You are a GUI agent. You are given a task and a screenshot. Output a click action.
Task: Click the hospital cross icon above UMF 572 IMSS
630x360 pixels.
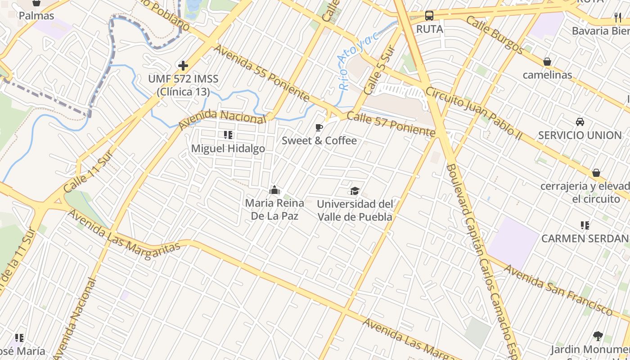coord(183,66)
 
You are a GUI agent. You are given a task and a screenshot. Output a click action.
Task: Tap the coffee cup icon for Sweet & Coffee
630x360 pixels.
coord(319,127)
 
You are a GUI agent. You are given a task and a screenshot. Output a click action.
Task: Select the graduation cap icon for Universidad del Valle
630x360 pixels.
coord(355,191)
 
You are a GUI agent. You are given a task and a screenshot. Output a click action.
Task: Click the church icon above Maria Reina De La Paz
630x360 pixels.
coord(274,190)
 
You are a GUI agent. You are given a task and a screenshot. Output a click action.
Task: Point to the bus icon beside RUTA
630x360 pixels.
coord(429,16)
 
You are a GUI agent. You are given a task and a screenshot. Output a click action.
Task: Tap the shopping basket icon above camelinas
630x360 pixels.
coord(547,62)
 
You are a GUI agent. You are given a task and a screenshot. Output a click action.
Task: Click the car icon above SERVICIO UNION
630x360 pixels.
coord(580,121)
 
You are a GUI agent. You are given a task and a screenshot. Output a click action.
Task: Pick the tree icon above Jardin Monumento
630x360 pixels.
coord(598,336)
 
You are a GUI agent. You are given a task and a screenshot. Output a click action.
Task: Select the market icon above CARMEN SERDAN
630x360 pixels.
coord(585,225)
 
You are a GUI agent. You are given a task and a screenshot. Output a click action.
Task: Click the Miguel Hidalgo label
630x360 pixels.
coord(228,148)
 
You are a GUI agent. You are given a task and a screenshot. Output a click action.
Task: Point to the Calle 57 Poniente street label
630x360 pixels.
coord(391,124)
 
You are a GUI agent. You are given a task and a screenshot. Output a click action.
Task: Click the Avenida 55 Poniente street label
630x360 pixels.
coord(262,73)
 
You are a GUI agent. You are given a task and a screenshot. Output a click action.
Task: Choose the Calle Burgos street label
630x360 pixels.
coord(495,35)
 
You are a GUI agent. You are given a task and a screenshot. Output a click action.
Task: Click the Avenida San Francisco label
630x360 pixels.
coord(558,290)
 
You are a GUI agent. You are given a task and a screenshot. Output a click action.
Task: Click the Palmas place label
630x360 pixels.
coord(36,16)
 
